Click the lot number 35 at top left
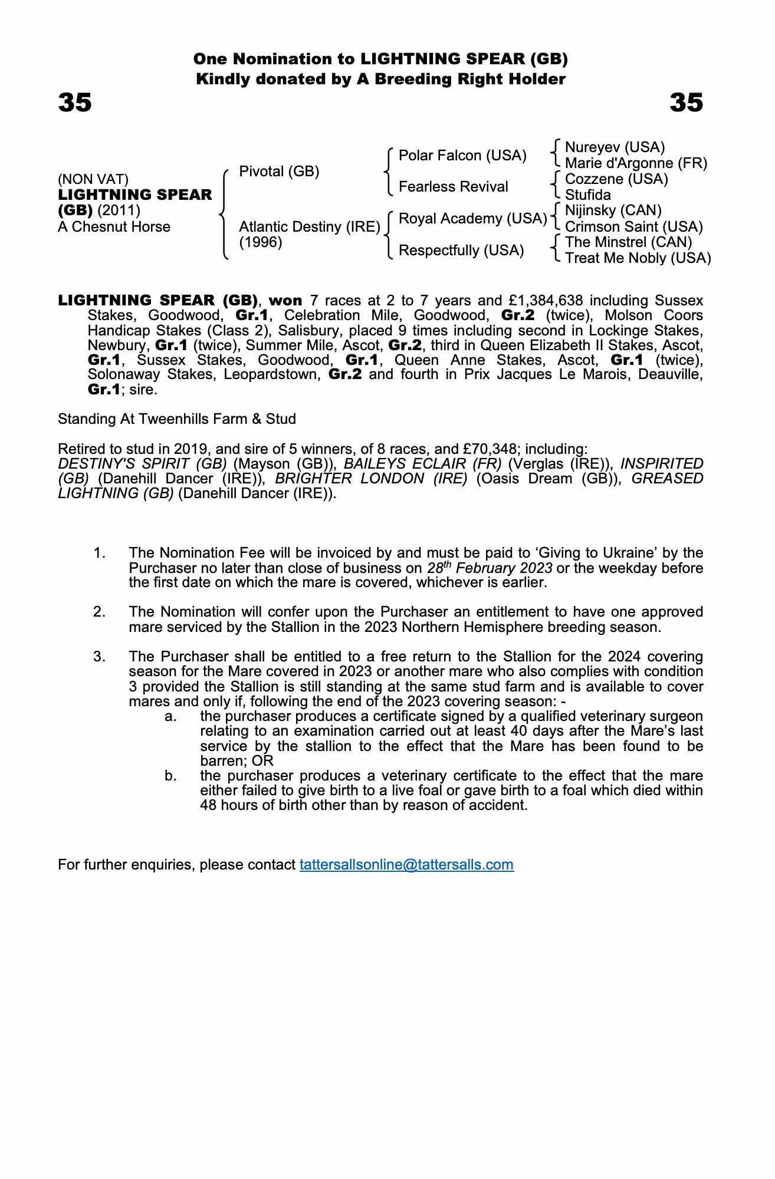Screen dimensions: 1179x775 click(x=75, y=103)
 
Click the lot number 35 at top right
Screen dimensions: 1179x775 click(x=686, y=103)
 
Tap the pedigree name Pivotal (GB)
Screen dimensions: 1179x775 click(x=279, y=172)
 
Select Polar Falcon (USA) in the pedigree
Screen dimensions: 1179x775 click(x=462, y=156)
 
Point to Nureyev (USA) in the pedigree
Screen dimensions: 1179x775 click(x=615, y=147)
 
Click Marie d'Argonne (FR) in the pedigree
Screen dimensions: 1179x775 click(x=636, y=163)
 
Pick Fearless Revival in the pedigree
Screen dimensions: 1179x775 click(x=453, y=187)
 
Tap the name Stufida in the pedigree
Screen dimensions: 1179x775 click(x=587, y=195)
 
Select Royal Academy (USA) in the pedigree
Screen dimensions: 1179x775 click(x=472, y=219)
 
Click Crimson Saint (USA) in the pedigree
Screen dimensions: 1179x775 click(x=633, y=227)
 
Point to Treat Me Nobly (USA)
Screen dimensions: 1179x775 click(x=638, y=258)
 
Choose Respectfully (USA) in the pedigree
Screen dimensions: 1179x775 click(x=461, y=251)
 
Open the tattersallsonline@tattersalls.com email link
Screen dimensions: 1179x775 click(x=406, y=865)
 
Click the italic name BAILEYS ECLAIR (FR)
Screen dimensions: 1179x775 click(x=422, y=464)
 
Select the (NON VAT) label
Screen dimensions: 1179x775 click(x=93, y=179)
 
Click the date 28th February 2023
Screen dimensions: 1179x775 click(x=490, y=568)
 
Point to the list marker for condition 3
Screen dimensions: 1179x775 click(x=100, y=657)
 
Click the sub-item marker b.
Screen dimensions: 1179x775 click(x=170, y=776)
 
